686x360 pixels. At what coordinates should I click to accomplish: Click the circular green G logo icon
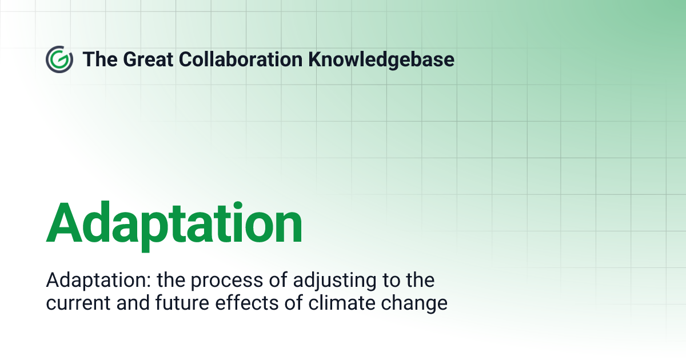click(59, 59)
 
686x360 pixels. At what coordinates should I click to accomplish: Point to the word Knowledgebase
click(382, 59)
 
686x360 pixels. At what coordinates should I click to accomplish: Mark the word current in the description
click(77, 303)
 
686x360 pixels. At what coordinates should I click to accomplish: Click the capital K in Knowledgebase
click(316, 59)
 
